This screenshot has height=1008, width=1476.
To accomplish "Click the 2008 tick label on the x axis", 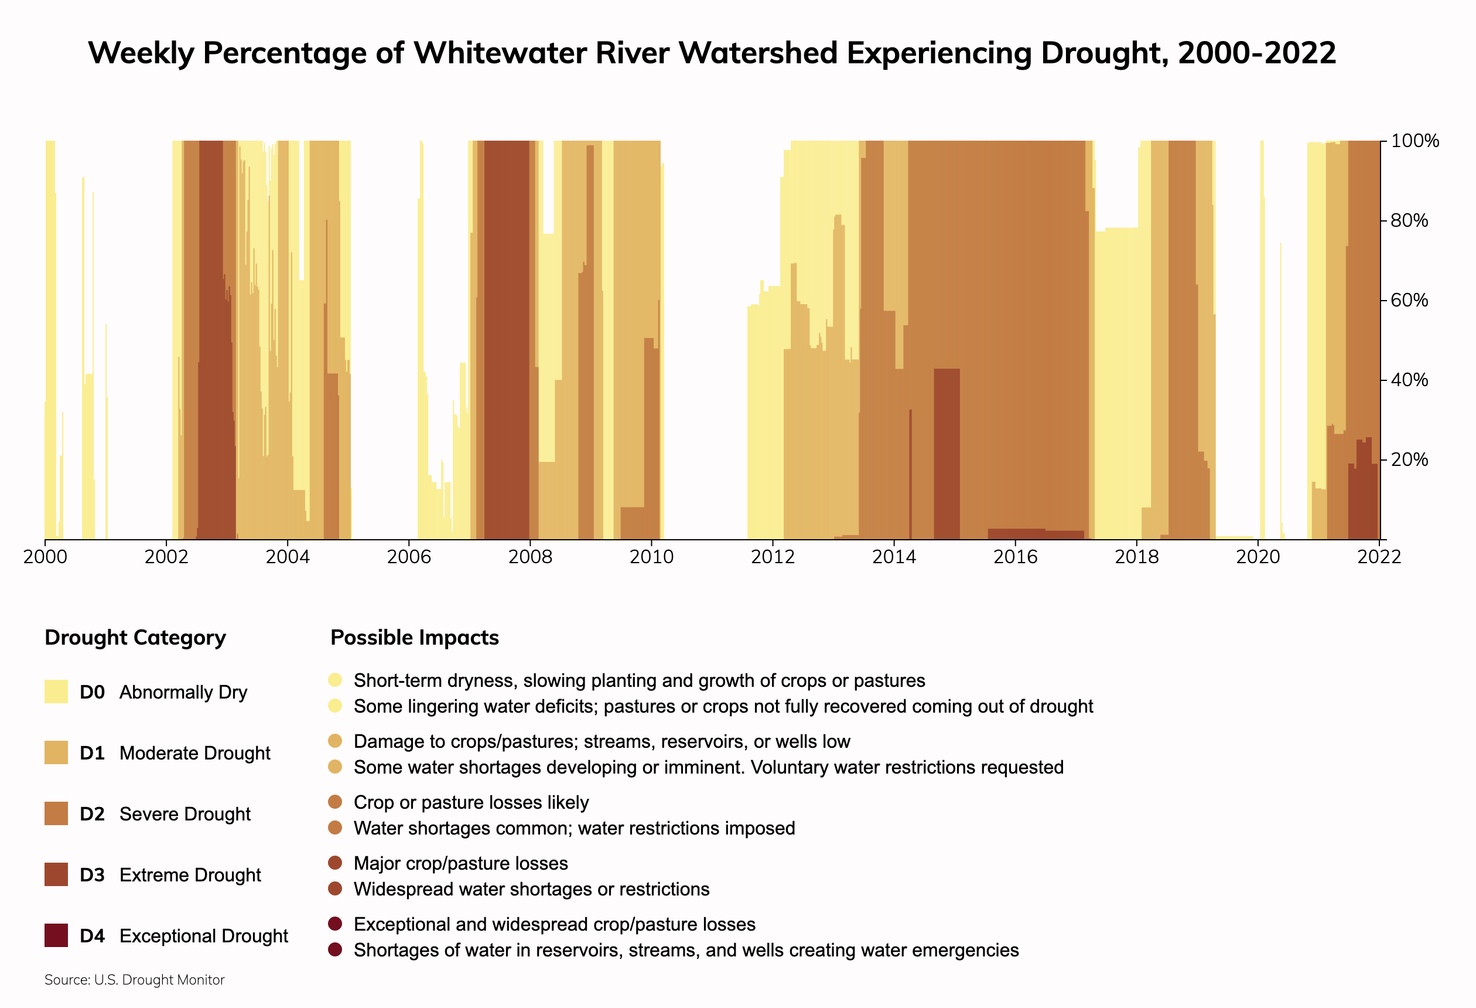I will (x=529, y=557).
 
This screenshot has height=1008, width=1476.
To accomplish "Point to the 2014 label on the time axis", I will (x=894, y=557).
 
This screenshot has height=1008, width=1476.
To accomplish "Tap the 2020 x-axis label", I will (x=1258, y=557).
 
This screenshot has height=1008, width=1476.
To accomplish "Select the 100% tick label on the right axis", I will (x=1414, y=141).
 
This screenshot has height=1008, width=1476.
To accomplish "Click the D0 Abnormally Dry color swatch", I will (x=56, y=692).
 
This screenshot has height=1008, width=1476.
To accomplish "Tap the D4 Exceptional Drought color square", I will (x=56, y=935).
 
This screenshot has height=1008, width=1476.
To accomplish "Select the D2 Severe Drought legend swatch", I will (x=56, y=813).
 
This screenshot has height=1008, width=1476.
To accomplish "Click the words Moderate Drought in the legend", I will (x=194, y=753).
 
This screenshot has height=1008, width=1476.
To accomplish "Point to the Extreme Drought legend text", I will (x=190, y=875).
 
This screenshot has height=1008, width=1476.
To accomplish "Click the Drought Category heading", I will (x=135, y=638).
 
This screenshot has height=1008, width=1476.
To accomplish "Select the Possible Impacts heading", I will (x=414, y=638).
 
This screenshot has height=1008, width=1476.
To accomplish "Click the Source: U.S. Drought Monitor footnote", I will (x=134, y=980).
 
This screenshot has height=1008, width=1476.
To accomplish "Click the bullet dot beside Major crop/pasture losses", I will (x=334, y=863).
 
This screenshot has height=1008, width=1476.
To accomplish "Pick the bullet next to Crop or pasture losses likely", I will (x=334, y=802).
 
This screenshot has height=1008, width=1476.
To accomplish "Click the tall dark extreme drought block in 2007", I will (x=506, y=337).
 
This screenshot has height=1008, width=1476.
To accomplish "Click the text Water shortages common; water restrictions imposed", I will (x=574, y=828).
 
